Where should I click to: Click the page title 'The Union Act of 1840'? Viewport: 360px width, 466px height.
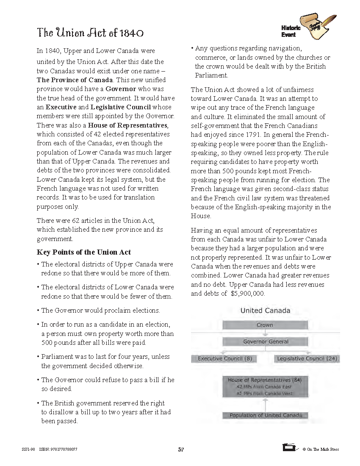(x=90, y=33)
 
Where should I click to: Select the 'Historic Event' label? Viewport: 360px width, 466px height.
(x=291, y=31)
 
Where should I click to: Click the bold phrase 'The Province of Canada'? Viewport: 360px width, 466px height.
(x=75, y=80)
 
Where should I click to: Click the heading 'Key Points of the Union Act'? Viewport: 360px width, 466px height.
(x=84, y=252)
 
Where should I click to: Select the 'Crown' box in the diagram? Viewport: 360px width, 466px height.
(x=265, y=325)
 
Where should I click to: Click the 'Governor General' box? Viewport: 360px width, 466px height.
(x=265, y=342)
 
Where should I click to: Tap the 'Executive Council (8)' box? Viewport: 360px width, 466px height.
(x=224, y=359)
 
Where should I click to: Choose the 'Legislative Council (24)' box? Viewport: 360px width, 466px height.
(x=307, y=359)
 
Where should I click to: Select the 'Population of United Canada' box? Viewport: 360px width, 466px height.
(x=266, y=416)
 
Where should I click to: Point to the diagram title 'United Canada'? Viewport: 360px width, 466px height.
(x=265, y=311)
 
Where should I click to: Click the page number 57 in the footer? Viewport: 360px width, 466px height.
(x=181, y=449)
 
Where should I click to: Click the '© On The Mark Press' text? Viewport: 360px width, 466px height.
(x=321, y=449)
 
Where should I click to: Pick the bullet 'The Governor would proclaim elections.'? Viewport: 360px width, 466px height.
(x=100, y=311)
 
